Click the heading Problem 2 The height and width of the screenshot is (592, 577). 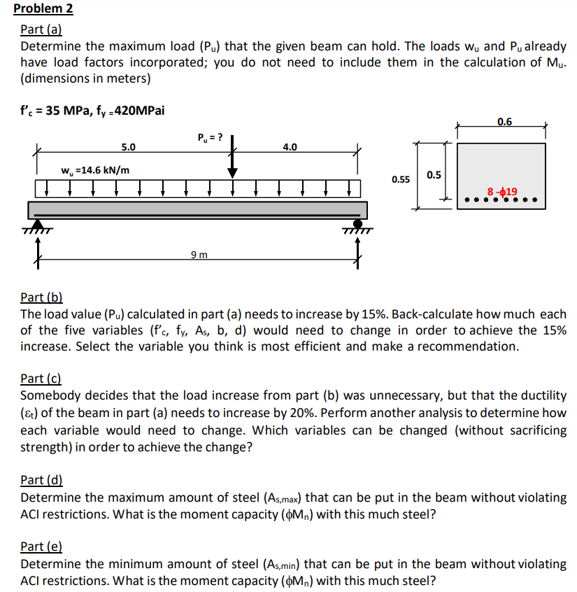point(43,9)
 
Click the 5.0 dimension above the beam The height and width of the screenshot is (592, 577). point(129,148)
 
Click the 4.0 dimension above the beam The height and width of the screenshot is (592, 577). point(290,148)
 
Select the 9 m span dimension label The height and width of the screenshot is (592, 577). point(199,254)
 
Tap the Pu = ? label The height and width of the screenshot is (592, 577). point(211,136)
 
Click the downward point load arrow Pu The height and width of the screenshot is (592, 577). point(231,158)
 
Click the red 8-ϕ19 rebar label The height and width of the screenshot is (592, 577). point(502,191)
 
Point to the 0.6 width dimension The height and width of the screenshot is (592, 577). point(504,122)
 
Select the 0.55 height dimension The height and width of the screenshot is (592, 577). point(400,179)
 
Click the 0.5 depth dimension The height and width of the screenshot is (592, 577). point(434,174)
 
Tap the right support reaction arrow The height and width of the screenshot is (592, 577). point(358,252)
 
